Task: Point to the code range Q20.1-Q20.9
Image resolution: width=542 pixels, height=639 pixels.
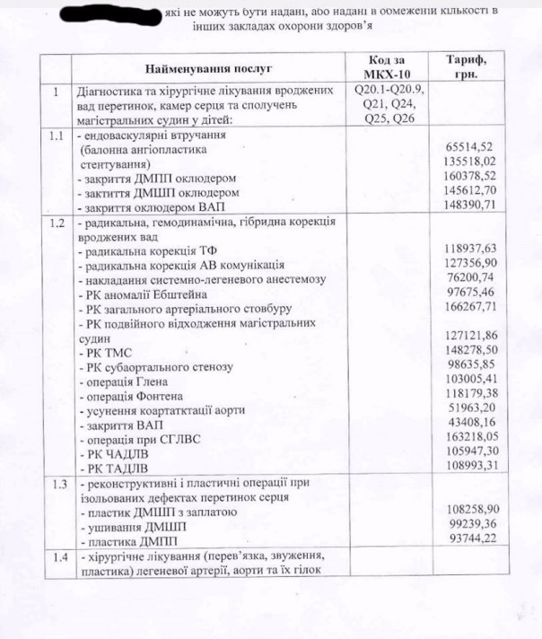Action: pos(390,91)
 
